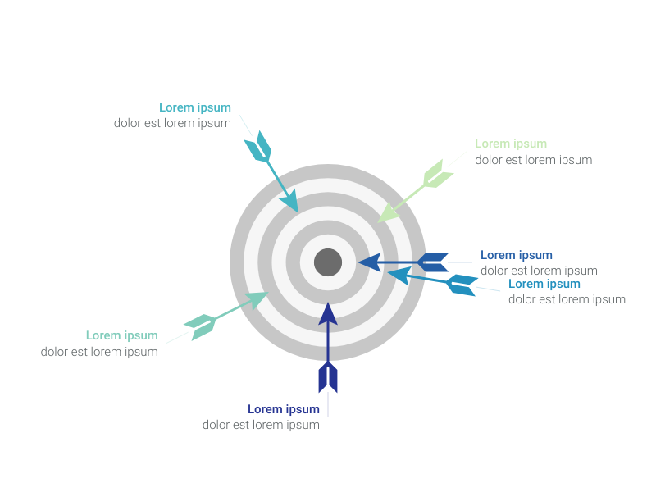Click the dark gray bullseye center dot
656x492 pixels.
click(x=328, y=262)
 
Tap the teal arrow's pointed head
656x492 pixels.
click(x=290, y=202)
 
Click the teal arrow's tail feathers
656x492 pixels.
click(x=258, y=147)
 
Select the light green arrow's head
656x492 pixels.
click(x=388, y=212)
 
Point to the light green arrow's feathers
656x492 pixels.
click(x=438, y=175)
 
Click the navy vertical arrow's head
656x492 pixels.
click(x=328, y=314)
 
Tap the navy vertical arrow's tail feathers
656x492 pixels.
click(x=328, y=377)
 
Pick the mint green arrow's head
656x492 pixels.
click(x=257, y=299)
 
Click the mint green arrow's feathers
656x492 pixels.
click(x=200, y=326)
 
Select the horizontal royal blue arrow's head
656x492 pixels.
click(x=370, y=262)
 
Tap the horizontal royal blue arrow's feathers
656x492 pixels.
click(x=433, y=262)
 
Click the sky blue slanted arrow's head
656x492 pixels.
click(x=399, y=276)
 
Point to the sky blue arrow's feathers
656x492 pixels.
click(x=462, y=285)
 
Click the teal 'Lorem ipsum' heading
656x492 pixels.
click(x=195, y=107)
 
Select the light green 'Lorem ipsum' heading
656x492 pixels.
click(x=511, y=143)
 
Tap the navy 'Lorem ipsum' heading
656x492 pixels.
click(x=284, y=408)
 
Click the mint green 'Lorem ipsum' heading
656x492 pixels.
click(x=121, y=335)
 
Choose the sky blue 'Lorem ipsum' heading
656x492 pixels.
click(x=544, y=284)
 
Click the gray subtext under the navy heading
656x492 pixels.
click(x=261, y=425)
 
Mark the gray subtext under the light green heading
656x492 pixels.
click(x=534, y=160)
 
